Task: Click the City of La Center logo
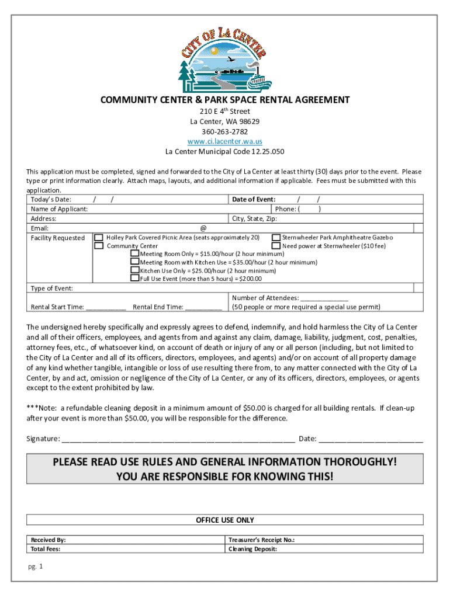pyautogui.click(x=224, y=60)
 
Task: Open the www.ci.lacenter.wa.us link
pyautogui.click(x=224, y=141)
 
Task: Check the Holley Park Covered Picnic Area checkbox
pyautogui.click(x=99, y=238)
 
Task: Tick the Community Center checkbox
pyautogui.click(x=99, y=246)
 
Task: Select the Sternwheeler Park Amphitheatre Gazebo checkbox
pyautogui.click(x=276, y=238)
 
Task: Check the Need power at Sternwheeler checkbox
pyautogui.click(x=276, y=246)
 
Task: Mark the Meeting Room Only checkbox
pyautogui.click(x=134, y=254)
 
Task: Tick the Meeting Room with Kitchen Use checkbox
pyautogui.click(x=134, y=262)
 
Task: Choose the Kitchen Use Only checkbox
pyautogui.click(x=134, y=270)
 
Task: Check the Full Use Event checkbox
pyautogui.click(x=134, y=279)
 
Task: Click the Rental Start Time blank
pyautogui.click(x=105, y=308)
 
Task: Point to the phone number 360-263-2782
pyautogui.click(x=224, y=131)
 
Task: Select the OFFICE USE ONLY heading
pyautogui.click(x=224, y=520)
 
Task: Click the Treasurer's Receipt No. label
pyautogui.click(x=262, y=540)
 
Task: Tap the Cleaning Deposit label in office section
pyautogui.click(x=252, y=549)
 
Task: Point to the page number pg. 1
pyautogui.click(x=36, y=567)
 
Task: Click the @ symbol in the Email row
pyautogui.click(x=203, y=228)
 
